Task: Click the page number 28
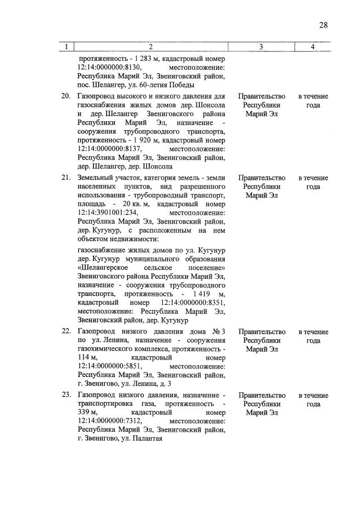click(323, 24)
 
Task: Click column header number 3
click(261, 47)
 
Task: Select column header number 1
click(66, 47)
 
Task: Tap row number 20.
click(65, 96)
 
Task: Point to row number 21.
click(65, 178)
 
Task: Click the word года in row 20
click(313, 105)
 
